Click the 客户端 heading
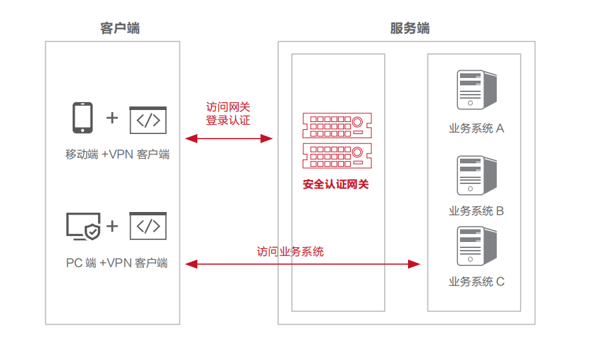coord(120,28)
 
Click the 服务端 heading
coord(409,28)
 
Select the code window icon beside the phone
coord(147,120)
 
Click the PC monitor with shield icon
coord(83,226)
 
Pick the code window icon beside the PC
coord(147,226)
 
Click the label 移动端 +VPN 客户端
coord(117,155)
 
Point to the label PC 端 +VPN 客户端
coord(117,263)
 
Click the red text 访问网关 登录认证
coord(228,113)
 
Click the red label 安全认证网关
coord(335,184)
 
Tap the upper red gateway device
coord(337,125)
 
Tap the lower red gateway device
coord(337,156)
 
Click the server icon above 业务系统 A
coord(476,89)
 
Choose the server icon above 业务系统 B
coord(476,175)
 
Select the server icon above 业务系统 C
coord(476,247)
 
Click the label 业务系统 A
coord(476,128)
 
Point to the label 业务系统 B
coord(476,211)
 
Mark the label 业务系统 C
coord(476,281)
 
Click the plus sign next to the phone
coord(112,118)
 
